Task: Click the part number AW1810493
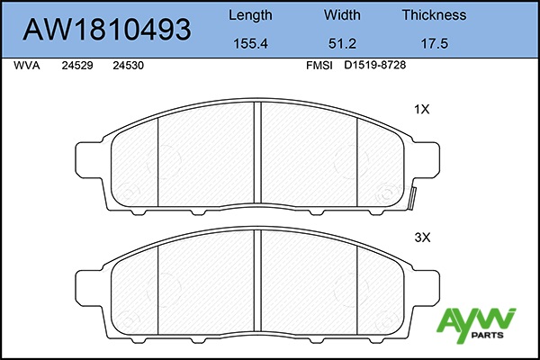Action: (107, 30)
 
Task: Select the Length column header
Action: (250, 15)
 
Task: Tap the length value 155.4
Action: (250, 44)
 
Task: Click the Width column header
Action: (342, 14)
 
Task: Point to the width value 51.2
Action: (342, 44)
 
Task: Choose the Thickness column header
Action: (435, 14)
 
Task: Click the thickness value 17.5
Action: (435, 44)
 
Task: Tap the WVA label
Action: (27, 66)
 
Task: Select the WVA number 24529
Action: (77, 66)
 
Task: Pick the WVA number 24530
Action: (128, 66)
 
